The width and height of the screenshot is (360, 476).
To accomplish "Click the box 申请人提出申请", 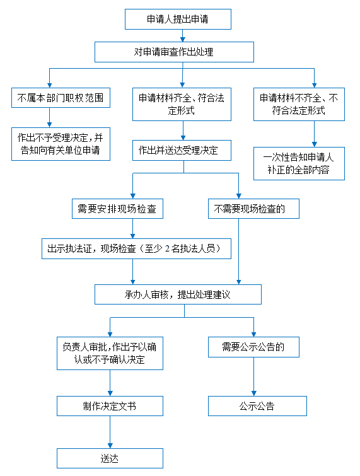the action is coord(178,19).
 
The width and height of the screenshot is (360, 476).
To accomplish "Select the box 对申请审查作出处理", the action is coord(174,52).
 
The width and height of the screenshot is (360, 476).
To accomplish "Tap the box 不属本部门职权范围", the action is coord(61,98).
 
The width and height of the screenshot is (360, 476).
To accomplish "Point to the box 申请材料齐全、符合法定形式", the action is coord(182,104).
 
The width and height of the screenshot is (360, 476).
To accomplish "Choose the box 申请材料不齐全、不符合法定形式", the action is coord(299,104).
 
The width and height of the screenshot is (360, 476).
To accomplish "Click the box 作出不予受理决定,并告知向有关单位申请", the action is coord(61,144).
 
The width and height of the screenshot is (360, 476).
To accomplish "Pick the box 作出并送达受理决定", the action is coord(182,150).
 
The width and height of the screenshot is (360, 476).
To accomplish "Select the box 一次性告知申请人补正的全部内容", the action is coord(299,164).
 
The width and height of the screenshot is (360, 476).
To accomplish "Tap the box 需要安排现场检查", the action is coord(117,209).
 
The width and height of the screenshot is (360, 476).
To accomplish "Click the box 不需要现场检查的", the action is coord(253,209).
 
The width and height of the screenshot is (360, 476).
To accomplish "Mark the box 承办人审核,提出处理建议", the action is coord(178,294).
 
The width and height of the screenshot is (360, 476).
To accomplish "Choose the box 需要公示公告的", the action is coord(253,347).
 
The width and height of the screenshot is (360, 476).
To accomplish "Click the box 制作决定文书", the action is coord(110,406).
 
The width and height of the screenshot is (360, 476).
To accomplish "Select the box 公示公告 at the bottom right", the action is coord(257,406).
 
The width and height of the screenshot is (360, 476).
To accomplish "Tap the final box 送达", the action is coord(110,458).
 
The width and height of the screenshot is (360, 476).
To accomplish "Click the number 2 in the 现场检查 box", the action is coord(167,248).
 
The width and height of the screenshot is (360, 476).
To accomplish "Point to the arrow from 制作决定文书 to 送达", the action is coord(110,432).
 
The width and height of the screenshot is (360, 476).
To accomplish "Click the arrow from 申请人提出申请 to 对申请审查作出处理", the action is coord(182,35).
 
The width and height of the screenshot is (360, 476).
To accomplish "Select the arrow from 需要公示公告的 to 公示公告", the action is coord(253,376).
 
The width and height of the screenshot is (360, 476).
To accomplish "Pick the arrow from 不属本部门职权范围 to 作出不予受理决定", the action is coord(49,117).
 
